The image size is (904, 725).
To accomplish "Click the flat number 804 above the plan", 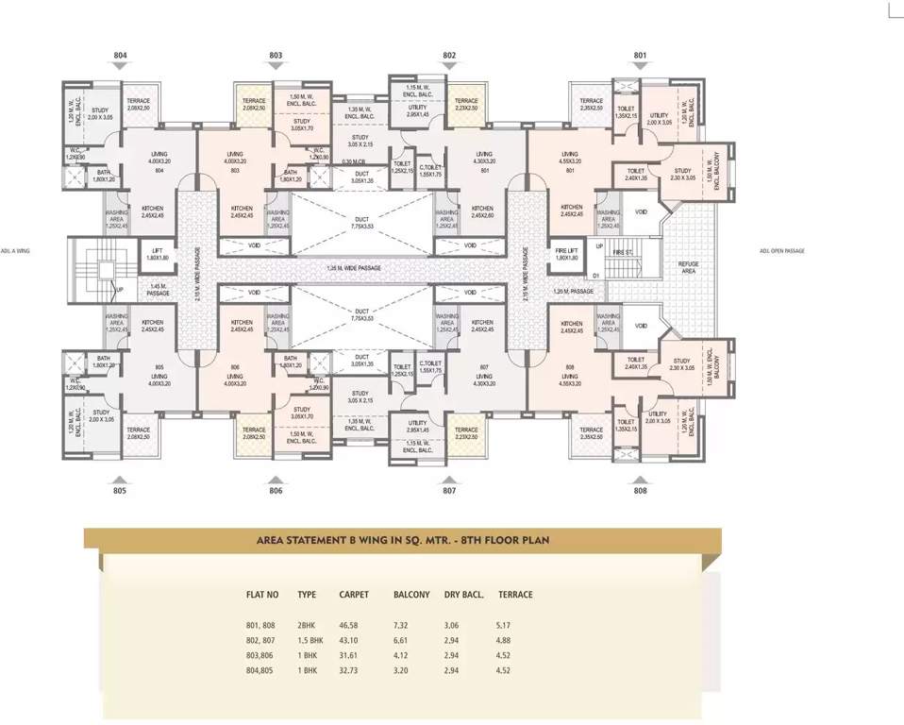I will pos(120,56).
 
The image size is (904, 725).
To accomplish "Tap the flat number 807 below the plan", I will pos(449,491).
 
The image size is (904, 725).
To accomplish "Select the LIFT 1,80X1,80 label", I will pos(158,253).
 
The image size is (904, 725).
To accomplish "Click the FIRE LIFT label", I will pos(566,253).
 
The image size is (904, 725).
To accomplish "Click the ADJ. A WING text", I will pos(19,250).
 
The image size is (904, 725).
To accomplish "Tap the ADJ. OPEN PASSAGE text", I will pos(781,250).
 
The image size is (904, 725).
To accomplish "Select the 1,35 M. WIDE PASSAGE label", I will pos(354,268).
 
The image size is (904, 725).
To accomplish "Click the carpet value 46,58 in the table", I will pos(352,625).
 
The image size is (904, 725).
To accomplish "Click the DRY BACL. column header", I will pos(463,595).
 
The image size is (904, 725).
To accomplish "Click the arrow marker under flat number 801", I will pos(641,67).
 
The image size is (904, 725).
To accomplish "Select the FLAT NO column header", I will pos(262,595).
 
